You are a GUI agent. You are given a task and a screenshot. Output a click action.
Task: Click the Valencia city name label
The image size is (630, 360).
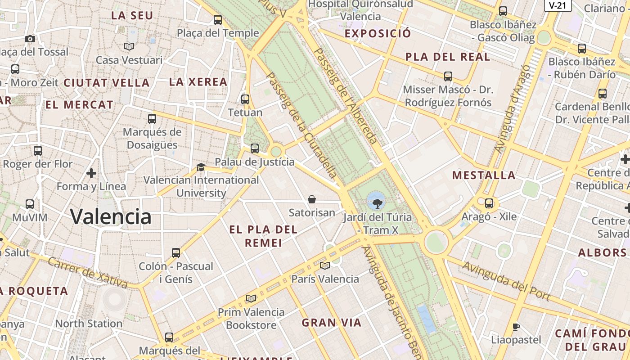111,217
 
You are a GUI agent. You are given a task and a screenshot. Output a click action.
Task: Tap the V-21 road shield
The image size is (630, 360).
558,5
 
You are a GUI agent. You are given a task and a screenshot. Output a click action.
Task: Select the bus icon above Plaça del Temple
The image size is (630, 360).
218,20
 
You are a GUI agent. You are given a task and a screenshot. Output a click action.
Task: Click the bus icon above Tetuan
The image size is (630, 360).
245,99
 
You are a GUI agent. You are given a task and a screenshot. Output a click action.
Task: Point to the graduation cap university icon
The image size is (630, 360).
201,167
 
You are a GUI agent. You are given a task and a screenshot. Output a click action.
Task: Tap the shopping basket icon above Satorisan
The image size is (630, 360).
311,199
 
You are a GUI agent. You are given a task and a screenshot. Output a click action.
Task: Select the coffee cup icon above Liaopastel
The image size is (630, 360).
516,327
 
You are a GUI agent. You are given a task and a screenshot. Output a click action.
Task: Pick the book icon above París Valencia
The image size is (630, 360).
325,266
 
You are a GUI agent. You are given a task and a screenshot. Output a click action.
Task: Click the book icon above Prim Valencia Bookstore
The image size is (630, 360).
251,298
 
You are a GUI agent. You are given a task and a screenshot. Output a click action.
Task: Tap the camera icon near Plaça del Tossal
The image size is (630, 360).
30,39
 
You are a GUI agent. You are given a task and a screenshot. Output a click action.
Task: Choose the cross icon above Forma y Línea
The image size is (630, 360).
91,173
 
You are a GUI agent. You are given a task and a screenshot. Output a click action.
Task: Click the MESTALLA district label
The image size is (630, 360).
484,175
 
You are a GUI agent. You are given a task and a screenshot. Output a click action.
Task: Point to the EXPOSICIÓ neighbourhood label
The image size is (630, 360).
378,33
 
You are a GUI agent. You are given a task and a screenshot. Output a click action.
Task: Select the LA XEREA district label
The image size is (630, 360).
198,82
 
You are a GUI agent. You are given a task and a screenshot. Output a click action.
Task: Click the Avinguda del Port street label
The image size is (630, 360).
506,281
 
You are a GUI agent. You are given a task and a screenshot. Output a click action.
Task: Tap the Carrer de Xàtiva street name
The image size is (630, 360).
87,273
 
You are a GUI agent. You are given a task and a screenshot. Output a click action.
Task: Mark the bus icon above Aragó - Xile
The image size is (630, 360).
489,203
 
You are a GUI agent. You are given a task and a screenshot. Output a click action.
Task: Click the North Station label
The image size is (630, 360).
89,324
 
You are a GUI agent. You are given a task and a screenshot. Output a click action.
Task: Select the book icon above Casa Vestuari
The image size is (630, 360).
129,46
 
